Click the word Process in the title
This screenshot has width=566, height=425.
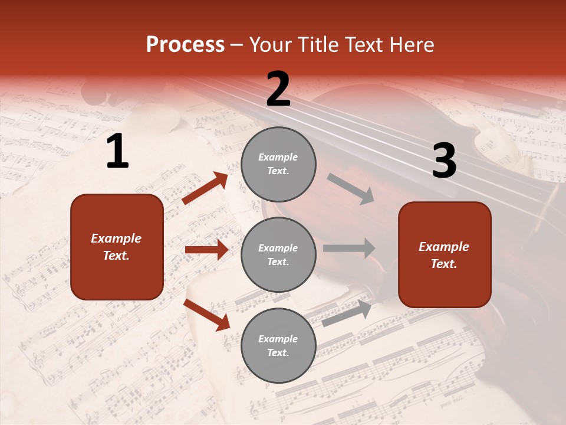185,45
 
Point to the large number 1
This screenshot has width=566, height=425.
117,152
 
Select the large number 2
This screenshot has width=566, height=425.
278,89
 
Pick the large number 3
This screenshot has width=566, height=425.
444,161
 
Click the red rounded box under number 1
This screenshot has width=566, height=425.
117,247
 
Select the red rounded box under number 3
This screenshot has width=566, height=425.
445,255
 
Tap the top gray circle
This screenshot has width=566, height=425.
278,164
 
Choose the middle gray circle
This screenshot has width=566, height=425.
278,255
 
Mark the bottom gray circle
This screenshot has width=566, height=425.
278,346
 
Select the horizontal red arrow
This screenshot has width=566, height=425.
206,250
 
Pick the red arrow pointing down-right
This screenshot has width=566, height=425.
207,315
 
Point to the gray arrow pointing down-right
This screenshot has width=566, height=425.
351,188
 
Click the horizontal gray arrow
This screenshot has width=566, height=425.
349,248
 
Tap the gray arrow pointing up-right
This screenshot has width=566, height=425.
347,313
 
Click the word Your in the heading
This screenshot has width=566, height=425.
271,45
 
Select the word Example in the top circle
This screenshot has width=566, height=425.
278,158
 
